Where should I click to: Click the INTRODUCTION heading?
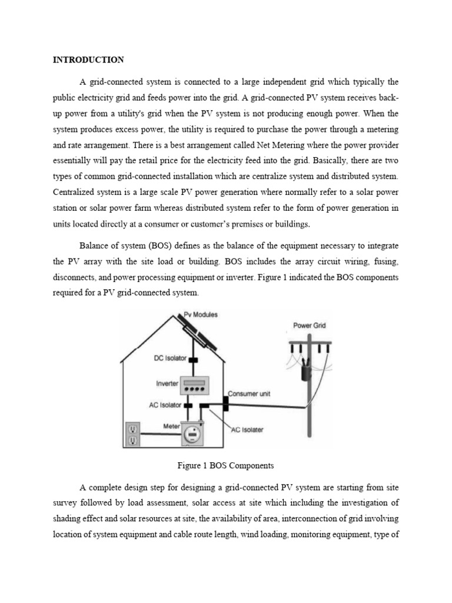click(x=88, y=59)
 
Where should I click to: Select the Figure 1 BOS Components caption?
click(x=225, y=465)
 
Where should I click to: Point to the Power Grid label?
click(x=309, y=325)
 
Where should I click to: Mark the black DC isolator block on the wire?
click(x=192, y=360)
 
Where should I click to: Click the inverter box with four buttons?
click(x=195, y=386)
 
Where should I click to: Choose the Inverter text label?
click(x=167, y=383)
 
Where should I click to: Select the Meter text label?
click(x=171, y=426)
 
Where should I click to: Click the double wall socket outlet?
click(x=133, y=435)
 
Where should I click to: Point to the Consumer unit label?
click(x=249, y=393)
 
